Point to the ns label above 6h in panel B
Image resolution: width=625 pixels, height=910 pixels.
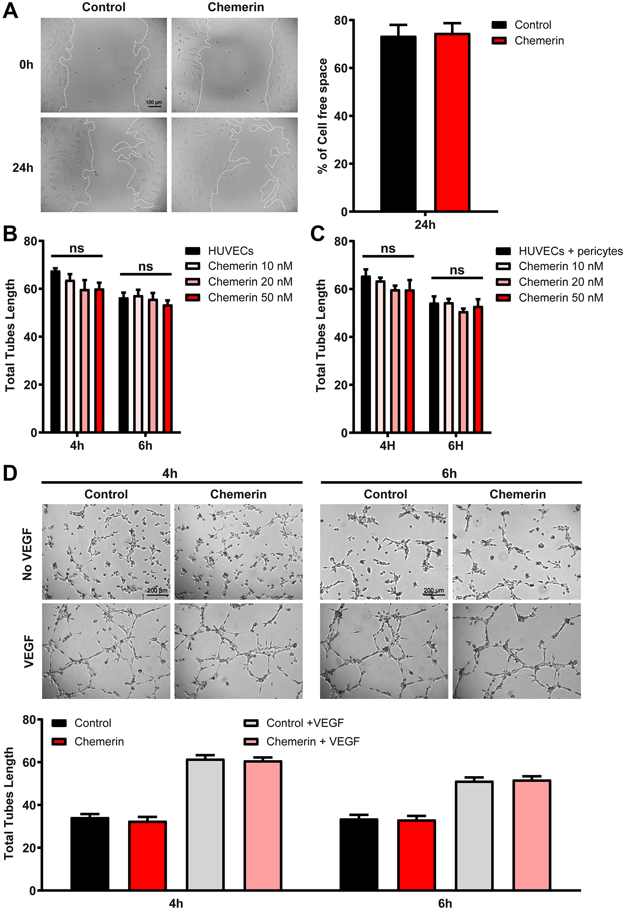[x=145, y=267]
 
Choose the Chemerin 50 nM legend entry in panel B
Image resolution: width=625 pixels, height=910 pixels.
[x=239, y=298]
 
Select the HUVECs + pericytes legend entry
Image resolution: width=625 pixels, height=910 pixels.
[x=559, y=251]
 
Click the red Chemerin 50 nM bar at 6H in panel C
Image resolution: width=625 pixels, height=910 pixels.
[x=478, y=369]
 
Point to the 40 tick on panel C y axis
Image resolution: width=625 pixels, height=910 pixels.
[x=341, y=337]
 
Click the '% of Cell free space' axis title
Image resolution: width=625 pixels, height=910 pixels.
[x=323, y=116]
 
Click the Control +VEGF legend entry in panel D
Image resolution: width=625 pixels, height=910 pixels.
[x=294, y=723]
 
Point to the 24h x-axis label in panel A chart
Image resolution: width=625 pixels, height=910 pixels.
[x=425, y=225]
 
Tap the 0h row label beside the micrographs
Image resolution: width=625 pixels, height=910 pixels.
[x=26, y=65]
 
